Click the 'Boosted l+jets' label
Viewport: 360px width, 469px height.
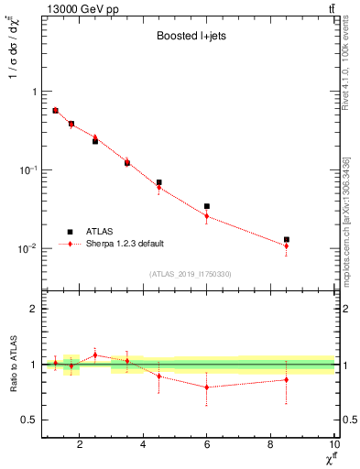click(189, 38)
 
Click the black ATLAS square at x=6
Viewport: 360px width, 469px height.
click(207, 206)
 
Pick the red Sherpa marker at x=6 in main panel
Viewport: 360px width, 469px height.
click(207, 216)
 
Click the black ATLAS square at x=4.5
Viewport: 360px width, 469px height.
click(158, 182)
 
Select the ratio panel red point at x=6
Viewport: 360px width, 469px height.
click(207, 387)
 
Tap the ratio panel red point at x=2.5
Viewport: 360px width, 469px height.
click(95, 354)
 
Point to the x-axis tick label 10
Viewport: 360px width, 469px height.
click(333, 444)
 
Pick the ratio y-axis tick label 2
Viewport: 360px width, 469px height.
click(34, 310)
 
